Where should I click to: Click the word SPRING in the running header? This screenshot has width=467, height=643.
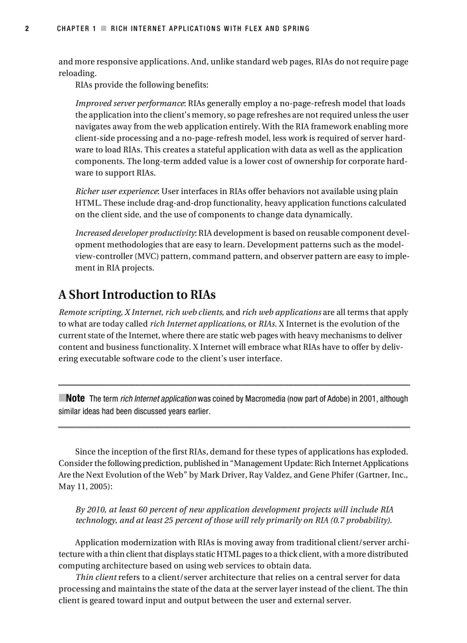click(295, 29)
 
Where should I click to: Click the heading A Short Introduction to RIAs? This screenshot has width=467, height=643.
click(137, 295)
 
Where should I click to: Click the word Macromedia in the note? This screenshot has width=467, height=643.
click(263, 399)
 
